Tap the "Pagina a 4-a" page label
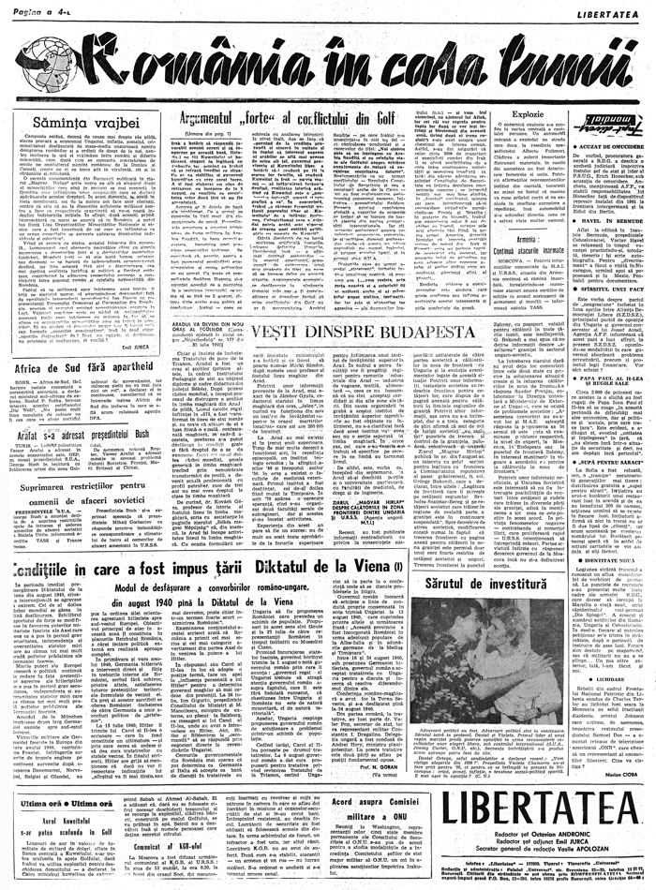click(x=29, y=9)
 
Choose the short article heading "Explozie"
click(x=528, y=113)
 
